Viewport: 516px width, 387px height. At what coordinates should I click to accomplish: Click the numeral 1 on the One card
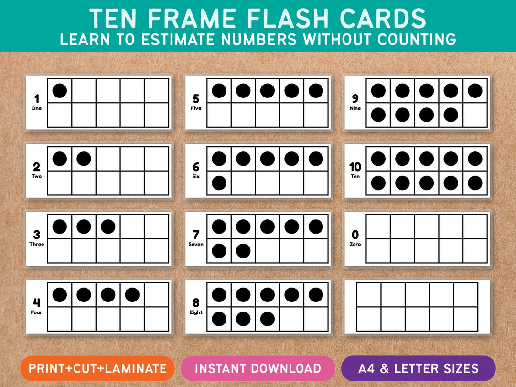click(36, 99)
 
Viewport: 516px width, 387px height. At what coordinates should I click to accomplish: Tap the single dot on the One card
click(60, 90)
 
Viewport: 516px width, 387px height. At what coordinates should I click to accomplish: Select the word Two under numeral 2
click(36, 176)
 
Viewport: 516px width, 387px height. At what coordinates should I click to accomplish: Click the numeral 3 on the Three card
click(36, 235)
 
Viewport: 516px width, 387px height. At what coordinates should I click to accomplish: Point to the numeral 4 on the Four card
click(36, 302)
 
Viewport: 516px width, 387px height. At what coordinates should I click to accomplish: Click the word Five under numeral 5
click(196, 108)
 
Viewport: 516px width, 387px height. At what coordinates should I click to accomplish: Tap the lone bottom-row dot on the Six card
click(219, 183)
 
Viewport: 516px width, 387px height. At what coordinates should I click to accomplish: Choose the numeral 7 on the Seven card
click(196, 235)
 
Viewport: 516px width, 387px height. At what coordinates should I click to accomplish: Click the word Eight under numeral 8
click(196, 312)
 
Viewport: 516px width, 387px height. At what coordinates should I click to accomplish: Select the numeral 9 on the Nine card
click(355, 99)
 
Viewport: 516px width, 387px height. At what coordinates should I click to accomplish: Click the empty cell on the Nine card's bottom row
click(475, 115)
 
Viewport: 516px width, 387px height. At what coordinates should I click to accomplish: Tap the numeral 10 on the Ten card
click(355, 167)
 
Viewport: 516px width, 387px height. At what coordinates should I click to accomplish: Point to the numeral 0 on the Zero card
click(355, 235)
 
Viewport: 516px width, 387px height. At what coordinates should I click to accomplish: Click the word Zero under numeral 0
click(355, 244)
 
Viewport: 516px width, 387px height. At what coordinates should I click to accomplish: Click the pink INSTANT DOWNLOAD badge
click(258, 368)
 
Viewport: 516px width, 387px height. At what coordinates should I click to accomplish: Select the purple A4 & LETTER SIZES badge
click(418, 368)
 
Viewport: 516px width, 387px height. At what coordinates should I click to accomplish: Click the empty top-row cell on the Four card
click(157, 295)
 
